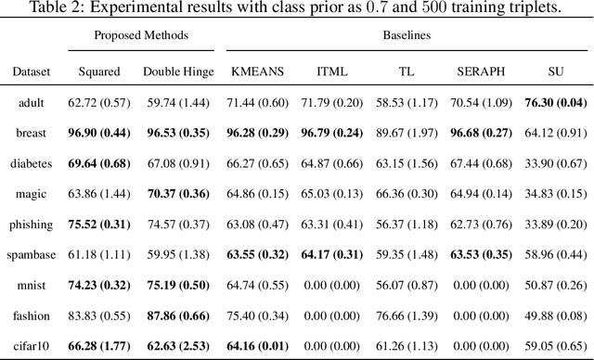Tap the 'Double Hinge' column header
click(x=178, y=71)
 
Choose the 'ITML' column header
click(x=330, y=71)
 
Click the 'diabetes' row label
click(x=32, y=163)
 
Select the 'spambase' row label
click(x=32, y=253)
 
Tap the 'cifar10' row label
click(x=32, y=344)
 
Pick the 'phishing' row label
click(x=32, y=224)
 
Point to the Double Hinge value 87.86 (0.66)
click(x=178, y=315)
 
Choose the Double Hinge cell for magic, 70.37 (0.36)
click(x=178, y=194)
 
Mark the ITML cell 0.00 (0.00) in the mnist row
click(x=330, y=284)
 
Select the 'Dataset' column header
click(x=32, y=71)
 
